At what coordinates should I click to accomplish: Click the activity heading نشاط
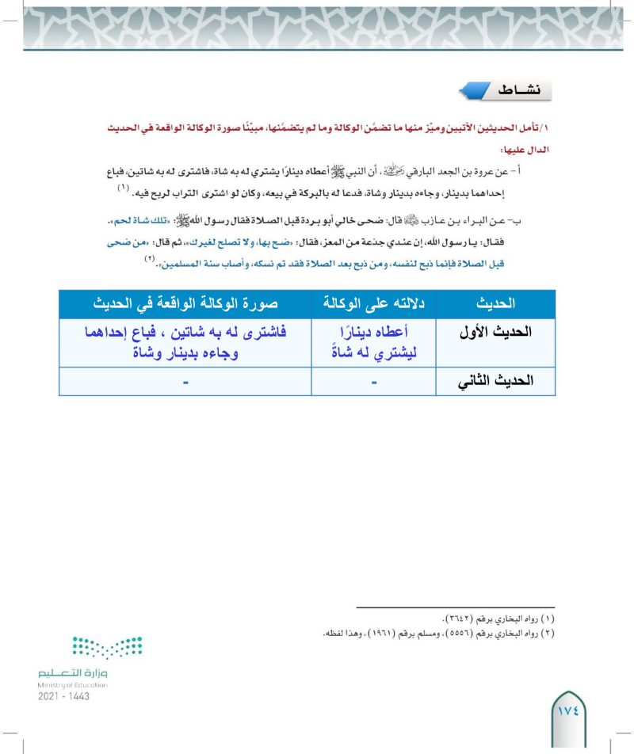pos(515,90)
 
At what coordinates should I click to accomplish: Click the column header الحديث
pos(497,303)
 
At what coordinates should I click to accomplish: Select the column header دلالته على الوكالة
pos(375,303)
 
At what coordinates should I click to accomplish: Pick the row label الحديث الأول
pos(497,333)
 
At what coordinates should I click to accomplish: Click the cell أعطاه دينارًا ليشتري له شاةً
pos(375,342)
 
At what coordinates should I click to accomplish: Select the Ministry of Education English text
pos(72,685)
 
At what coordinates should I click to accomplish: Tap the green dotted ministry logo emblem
pos(107,647)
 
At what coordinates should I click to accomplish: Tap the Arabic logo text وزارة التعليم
pos(71,672)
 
